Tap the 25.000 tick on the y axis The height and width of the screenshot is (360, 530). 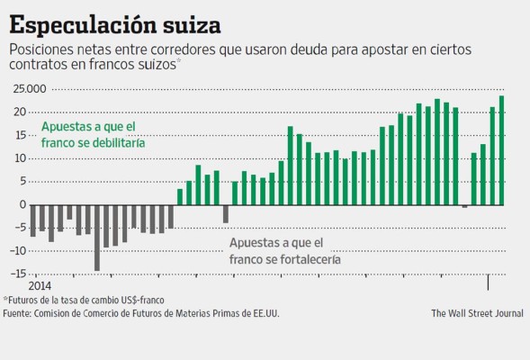click(x=29, y=88)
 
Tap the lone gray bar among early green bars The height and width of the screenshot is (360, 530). click(x=225, y=213)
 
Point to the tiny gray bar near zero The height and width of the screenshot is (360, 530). click(x=464, y=206)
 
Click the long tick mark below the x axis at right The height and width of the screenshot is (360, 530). click(x=489, y=282)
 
